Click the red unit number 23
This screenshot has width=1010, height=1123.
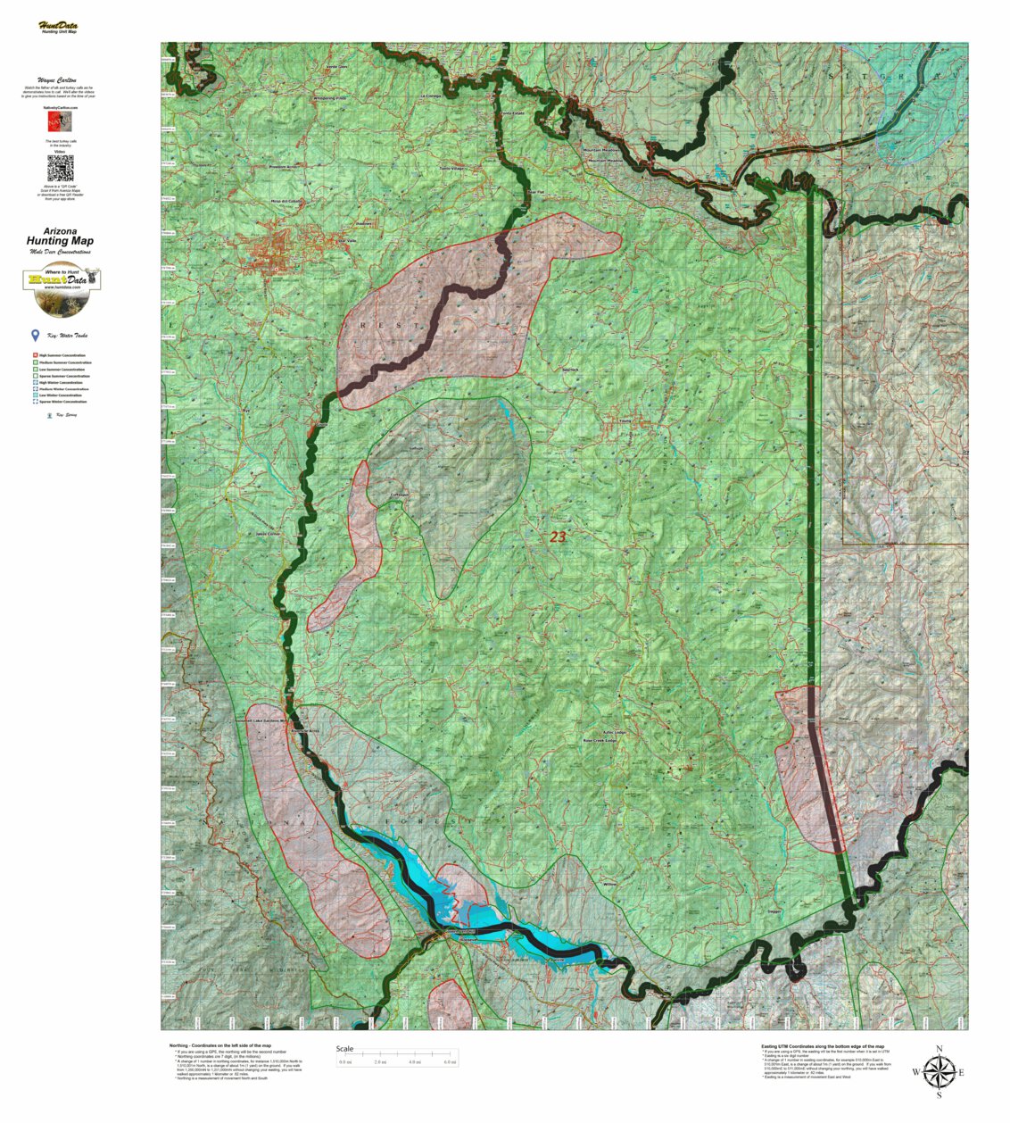pyautogui.click(x=558, y=537)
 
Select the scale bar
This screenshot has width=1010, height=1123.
pyautogui.click(x=396, y=1058)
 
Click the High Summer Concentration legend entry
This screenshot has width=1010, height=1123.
pyautogui.click(x=62, y=355)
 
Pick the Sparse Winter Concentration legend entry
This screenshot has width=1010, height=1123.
pyautogui.click(x=62, y=403)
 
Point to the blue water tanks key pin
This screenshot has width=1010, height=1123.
pyautogui.click(x=35, y=336)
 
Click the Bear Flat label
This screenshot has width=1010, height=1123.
pyautogui.click(x=534, y=192)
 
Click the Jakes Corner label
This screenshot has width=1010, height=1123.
pyautogui.click(x=268, y=534)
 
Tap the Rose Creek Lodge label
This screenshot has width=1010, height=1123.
pyautogui.click(x=600, y=740)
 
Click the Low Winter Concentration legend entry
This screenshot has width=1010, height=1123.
pyautogui.click(x=62, y=395)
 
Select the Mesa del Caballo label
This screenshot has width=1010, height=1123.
pyautogui.click(x=286, y=201)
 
